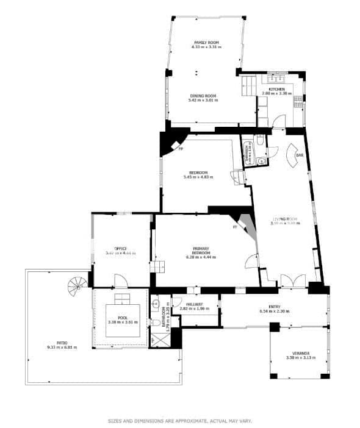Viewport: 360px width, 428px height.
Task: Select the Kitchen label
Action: (277, 89)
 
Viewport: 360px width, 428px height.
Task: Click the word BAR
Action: (299, 155)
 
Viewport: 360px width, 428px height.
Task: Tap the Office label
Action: (120, 248)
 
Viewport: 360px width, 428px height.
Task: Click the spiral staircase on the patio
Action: (77, 284)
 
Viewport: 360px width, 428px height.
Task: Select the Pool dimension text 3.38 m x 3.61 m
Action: (123, 321)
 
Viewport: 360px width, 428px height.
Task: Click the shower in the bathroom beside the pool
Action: (159, 340)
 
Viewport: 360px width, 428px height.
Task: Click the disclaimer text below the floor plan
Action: (179, 421)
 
